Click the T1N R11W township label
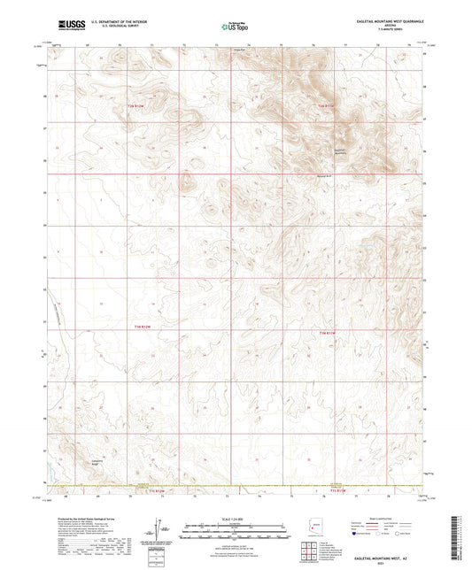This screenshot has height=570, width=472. click(x=328, y=332)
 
